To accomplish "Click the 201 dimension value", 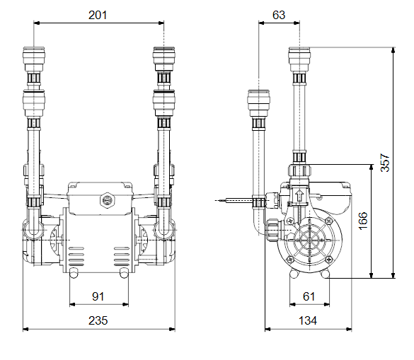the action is tap(98, 15).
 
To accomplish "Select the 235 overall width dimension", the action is tap(98, 320).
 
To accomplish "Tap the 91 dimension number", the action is tap(98, 296).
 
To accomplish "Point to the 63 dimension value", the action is tap(279, 15).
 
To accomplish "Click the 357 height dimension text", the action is tap(385, 163).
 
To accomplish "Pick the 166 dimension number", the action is tap(363, 221).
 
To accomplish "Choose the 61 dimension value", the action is tap(309, 296).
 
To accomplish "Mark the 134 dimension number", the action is tap(308, 320).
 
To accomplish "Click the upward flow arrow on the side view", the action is tap(299, 195).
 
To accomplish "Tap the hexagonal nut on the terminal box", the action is tap(107, 200).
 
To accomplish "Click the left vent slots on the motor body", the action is tap(76, 257).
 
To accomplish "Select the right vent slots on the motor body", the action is tap(122, 257).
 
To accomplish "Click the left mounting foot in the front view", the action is tap(74, 273).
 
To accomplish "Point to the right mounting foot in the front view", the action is tap(124, 273).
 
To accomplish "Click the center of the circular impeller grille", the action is tap(310, 240).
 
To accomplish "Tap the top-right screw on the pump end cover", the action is tap(328, 221).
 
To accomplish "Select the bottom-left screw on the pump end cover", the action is tap(290, 260).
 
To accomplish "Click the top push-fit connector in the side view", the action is tap(299, 59).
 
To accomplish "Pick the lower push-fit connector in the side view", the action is tap(258, 103).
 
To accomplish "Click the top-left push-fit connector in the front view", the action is tap(34, 59).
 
